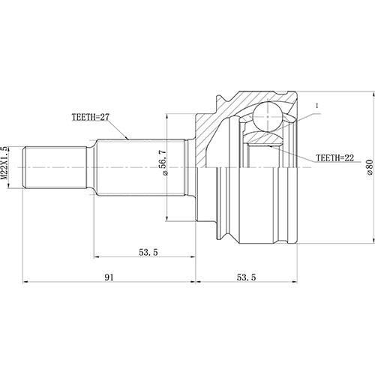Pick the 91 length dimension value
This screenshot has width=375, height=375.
coord(109,277)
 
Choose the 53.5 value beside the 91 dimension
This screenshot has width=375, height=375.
coord(246,277)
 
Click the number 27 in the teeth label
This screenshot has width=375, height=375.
coord(107,118)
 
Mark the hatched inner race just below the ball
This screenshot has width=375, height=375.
coord(264,139)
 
